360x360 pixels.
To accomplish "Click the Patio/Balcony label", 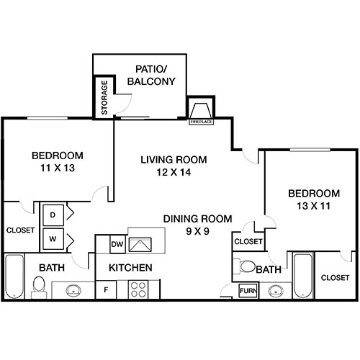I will point(151,75).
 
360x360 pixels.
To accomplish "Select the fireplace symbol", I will point(199,112).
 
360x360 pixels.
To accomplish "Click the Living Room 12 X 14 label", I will point(174,166).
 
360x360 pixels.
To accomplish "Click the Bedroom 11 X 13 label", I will point(57,161).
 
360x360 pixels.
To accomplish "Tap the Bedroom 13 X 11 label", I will point(313,199).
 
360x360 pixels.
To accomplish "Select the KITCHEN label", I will point(130,268).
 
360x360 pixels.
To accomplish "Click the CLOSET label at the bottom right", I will point(335,277).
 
